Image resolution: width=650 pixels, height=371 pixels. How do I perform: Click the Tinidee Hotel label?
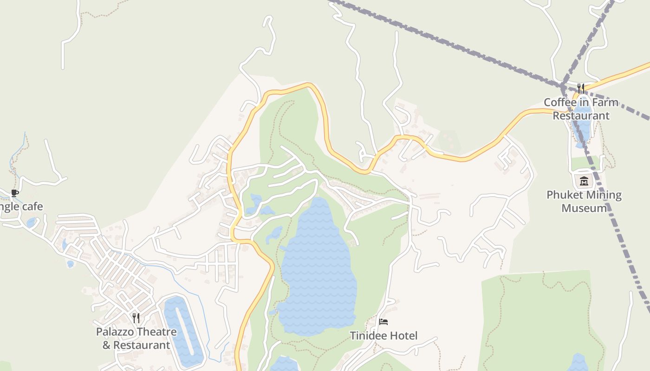(383, 335)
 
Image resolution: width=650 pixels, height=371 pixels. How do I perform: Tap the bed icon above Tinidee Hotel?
(383, 321)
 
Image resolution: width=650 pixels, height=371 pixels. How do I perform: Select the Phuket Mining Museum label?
(584, 201)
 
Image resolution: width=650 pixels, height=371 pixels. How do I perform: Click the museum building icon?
(584, 181)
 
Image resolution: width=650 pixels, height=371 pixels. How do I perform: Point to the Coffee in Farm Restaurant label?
(581, 109)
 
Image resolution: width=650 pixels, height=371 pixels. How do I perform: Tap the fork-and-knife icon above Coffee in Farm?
(581, 88)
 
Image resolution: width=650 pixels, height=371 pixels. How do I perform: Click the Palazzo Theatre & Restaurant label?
(136, 339)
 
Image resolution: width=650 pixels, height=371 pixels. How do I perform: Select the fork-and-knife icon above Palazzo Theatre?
(136, 318)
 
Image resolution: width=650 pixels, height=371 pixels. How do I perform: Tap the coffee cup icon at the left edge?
(15, 193)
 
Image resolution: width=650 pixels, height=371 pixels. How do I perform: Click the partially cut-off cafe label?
(21, 206)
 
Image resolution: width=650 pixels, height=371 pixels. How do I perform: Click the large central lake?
(318, 269)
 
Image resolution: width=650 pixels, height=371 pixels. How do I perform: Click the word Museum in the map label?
(584, 208)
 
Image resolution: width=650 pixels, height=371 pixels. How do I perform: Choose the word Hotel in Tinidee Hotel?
(403, 335)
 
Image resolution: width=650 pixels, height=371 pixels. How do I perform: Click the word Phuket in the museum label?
(564, 195)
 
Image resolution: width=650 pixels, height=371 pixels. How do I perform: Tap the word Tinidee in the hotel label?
(368, 335)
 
